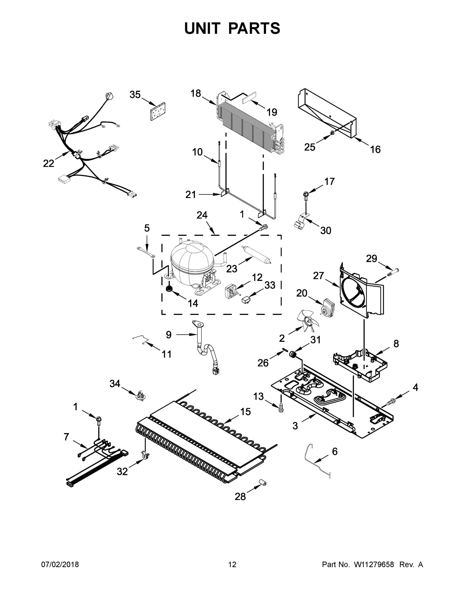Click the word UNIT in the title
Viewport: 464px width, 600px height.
202,28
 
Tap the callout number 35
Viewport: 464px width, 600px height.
135,95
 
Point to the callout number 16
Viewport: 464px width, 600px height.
375,149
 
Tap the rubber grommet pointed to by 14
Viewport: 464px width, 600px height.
169,289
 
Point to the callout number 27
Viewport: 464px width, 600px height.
319,275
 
